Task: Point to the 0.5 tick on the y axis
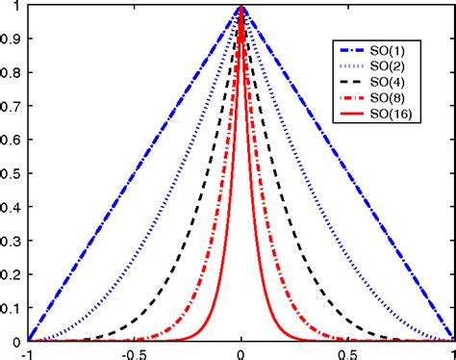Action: coord(12,173)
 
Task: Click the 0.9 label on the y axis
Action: coord(12,39)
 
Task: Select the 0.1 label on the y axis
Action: coord(12,307)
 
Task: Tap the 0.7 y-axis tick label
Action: coord(12,107)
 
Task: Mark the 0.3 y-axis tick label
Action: coord(12,241)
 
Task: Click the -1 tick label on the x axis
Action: coord(27,352)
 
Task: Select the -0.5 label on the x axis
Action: coord(132,352)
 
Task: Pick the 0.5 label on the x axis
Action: coord(347,352)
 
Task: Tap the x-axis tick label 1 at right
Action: coord(452,352)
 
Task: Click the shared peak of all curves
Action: coord(241,8)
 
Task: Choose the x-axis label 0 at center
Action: coord(241,352)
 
